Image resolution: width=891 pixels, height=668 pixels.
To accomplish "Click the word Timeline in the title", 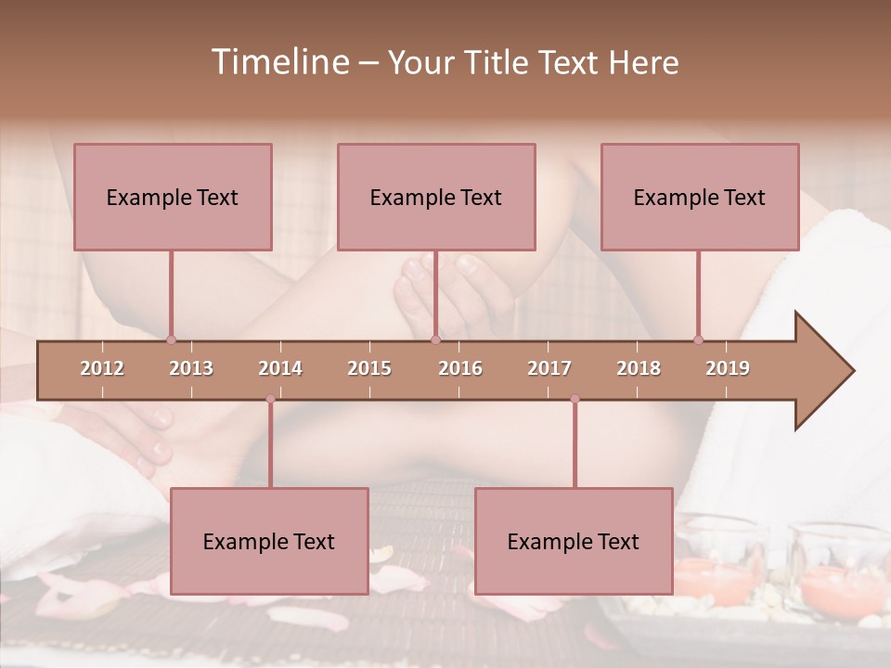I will tap(278, 62).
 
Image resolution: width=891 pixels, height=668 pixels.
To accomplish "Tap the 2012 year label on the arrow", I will tap(102, 368).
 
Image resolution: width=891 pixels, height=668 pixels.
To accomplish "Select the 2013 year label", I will tap(191, 368).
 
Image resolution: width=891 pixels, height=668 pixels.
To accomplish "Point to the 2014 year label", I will tap(280, 368).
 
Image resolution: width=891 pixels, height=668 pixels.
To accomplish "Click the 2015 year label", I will tap(369, 368).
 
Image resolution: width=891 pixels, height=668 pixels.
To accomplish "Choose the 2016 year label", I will tap(460, 368).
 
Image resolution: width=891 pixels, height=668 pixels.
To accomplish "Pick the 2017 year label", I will tap(549, 368).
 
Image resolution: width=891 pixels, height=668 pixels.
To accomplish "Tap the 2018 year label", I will tap(639, 368).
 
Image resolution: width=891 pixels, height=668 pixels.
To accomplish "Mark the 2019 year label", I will tap(728, 368).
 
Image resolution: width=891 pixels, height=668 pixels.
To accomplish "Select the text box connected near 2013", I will tap(173, 197).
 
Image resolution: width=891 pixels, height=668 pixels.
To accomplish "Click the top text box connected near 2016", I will tap(436, 197).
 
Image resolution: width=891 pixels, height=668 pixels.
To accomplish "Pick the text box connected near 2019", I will tap(700, 197).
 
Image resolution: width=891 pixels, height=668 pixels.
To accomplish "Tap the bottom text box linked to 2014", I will tap(269, 541).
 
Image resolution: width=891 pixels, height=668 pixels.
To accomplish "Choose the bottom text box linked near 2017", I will tap(574, 541).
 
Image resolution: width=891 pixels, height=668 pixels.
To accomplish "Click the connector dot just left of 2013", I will tap(171, 340).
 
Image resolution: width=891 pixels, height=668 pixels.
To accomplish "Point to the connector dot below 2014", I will tap(270, 399).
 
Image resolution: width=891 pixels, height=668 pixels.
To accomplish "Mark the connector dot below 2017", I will tap(575, 399).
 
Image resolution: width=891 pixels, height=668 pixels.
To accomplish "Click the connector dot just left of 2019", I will tap(698, 340).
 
